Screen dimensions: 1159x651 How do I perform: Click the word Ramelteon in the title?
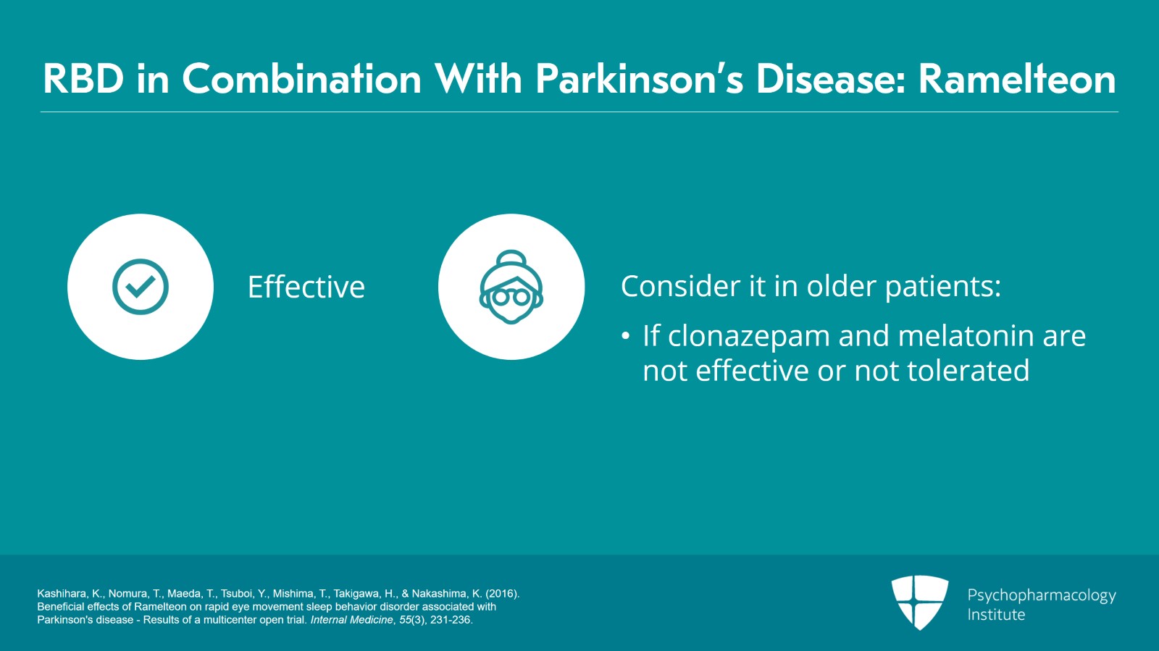1017,79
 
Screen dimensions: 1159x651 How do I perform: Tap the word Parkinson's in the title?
640,79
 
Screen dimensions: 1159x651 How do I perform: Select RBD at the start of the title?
83,79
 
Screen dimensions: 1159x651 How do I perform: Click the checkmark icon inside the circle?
141,287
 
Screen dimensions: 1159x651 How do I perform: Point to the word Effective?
306,287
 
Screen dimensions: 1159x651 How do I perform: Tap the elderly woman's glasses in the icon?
511,297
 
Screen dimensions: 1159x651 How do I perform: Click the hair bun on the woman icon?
511,257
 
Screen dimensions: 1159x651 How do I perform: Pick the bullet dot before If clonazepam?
626,337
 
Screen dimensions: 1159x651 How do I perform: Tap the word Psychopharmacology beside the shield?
1042,596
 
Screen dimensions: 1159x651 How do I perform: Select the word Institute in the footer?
996,615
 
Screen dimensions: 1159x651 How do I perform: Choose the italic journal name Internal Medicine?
352,619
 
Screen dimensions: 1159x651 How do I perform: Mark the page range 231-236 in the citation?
451,619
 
